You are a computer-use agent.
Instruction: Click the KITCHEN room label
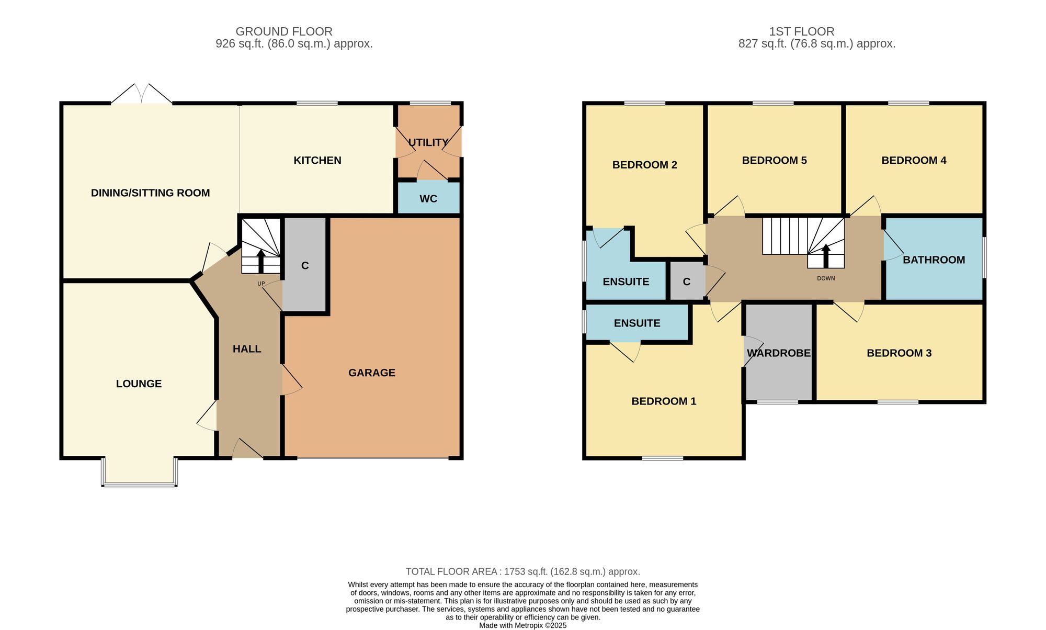(x=317, y=161)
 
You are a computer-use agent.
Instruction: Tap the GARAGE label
(x=372, y=373)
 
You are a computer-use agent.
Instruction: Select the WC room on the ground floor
(x=428, y=198)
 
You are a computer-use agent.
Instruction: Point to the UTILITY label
(x=428, y=142)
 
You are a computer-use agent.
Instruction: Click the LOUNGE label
(x=139, y=384)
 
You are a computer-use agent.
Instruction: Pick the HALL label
(x=247, y=349)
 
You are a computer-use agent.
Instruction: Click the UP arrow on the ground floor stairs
(x=261, y=262)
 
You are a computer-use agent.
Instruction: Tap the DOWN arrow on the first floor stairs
(x=826, y=256)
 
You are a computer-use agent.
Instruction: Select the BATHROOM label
(x=934, y=260)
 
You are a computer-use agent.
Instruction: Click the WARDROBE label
(x=779, y=353)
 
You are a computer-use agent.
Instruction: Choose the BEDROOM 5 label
(x=775, y=161)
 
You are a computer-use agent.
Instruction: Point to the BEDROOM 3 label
(x=899, y=353)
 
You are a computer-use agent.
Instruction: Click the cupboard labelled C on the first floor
(x=687, y=282)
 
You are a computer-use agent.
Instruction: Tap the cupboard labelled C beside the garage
(x=305, y=265)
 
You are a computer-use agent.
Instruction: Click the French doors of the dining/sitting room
(x=141, y=94)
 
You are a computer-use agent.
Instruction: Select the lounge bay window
(x=139, y=473)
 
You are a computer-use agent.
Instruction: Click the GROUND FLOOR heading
(x=284, y=32)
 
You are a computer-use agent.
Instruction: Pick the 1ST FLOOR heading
(x=802, y=32)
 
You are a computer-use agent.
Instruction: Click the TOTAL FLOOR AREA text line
(x=523, y=572)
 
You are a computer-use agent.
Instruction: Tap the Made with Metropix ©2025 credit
(x=523, y=625)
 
